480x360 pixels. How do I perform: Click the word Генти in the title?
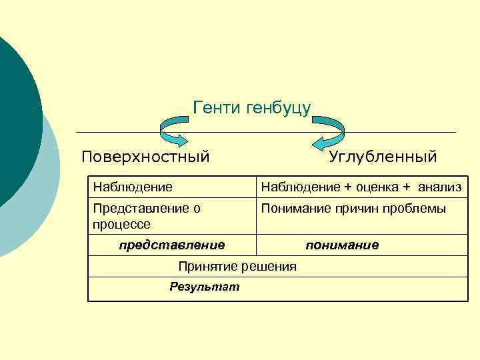click(x=216, y=107)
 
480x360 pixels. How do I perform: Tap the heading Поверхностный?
click(x=145, y=157)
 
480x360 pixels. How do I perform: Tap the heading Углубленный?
click(x=383, y=157)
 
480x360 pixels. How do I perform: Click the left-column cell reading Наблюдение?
click(x=133, y=187)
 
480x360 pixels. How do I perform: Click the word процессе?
click(x=121, y=224)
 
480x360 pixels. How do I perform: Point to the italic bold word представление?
click(x=171, y=245)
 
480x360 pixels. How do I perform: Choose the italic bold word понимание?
click(x=342, y=245)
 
